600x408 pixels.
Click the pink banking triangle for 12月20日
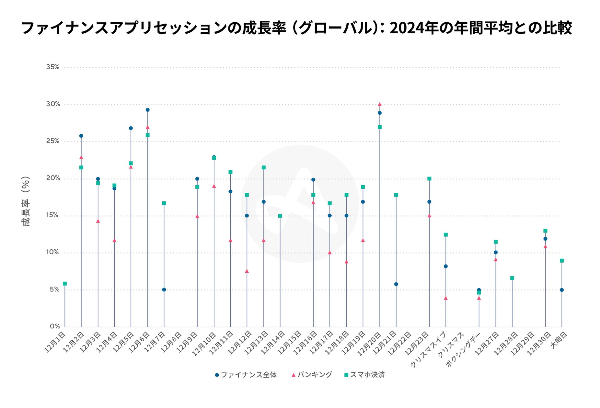click(x=380, y=104)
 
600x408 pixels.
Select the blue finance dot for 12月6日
click(x=147, y=110)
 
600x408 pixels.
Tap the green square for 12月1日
click(x=65, y=284)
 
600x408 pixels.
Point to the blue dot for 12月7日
click(x=164, y=289)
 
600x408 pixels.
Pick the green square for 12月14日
click(x=280, y=216)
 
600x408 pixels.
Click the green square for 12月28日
click(x=512, y=278)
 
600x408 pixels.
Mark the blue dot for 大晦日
click(x=562, y=290)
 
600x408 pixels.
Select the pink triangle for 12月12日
click(x=247, y=271)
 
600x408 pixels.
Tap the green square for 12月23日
click(x=429, y=179)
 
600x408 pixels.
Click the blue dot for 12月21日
click(x=396, y=284)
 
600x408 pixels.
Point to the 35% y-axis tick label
click(x=53, y=67)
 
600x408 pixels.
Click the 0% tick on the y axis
click(x=55, y=326)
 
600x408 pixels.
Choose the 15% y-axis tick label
click(x=53, y=215)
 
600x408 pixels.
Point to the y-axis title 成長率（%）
click(x=26, y=201)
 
